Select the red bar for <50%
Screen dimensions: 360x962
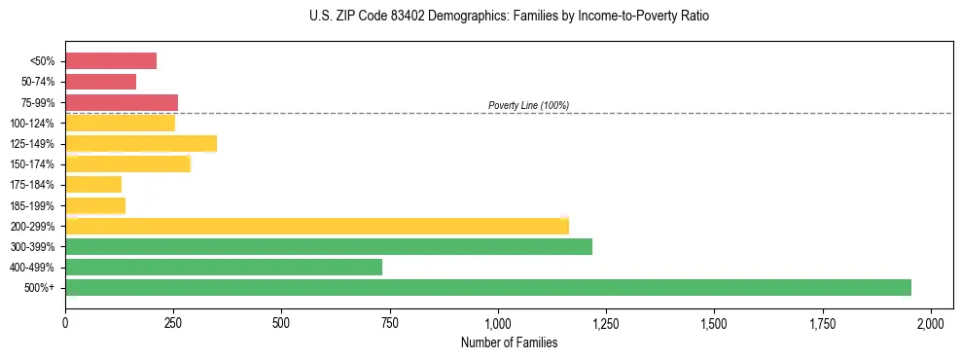111,61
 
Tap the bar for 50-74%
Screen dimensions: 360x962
100,82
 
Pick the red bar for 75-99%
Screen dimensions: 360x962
122,102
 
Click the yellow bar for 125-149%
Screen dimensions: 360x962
141,144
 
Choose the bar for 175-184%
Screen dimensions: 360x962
93,185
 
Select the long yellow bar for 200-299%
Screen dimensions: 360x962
316,226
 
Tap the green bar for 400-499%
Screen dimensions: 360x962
224,268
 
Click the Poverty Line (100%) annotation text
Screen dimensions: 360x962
528,105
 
